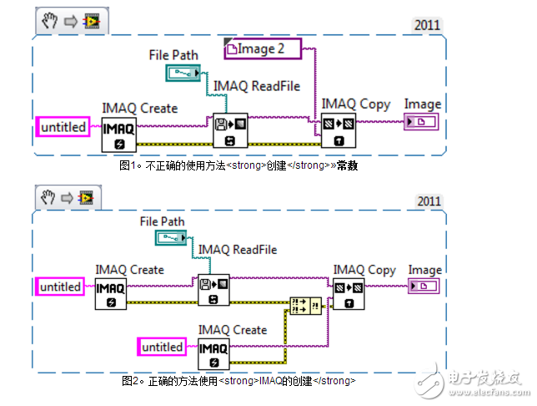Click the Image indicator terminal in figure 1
pos(423,124)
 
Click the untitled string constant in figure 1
pos(64,127)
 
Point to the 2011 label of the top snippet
pos(429,25)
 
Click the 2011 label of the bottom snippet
pos(429,201)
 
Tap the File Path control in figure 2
pos(173,239)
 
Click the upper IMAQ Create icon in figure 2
pos(110,294)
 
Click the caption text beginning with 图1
pos(238,165)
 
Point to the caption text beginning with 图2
pos(238,381)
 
